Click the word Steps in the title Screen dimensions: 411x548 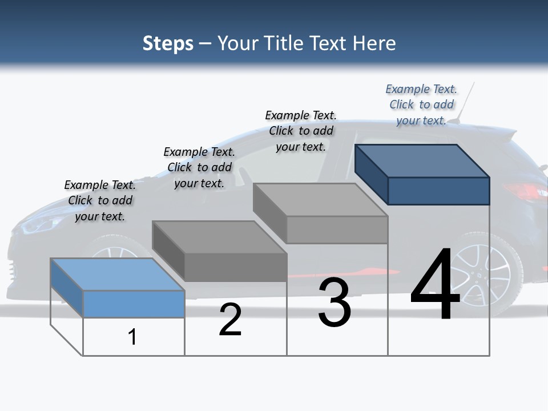point(168,43)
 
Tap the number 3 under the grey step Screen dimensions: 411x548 point(335,303)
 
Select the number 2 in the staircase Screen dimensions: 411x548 point(230,320)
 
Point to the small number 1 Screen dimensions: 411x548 point(132,337)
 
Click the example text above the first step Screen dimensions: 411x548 point(100,200)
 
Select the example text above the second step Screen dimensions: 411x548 point(199,167)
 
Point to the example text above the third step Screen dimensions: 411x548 point(301,131)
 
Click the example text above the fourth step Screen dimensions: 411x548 point(421,104)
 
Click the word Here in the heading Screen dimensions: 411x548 point(375,43)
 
